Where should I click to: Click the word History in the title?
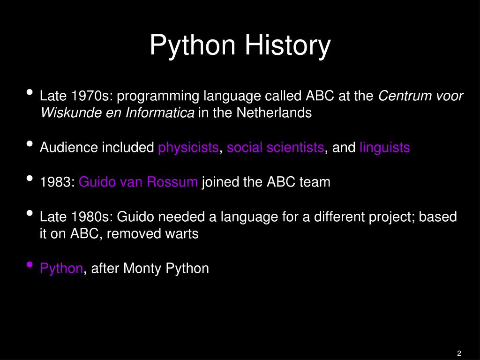coord(285,45)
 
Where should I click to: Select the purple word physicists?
coord(188,148)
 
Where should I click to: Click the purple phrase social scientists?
coord(275,148)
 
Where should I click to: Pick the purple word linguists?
coord(385,148)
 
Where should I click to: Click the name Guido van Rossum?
coord(138,182)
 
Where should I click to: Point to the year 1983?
coord(56,182)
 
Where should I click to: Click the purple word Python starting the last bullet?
coord(61,268)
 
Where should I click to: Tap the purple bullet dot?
coord(30,265)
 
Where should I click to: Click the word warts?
coord(180,234)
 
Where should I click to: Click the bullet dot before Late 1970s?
coord(30,93)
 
